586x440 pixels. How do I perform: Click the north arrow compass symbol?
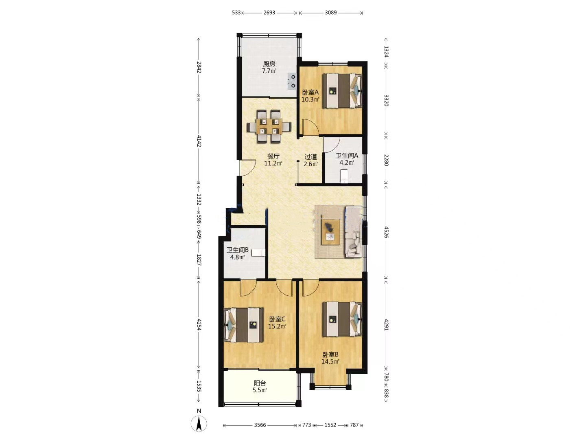click(199, 423)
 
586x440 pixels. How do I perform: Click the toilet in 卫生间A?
click(344, 176)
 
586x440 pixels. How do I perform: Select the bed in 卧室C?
click(244, 325)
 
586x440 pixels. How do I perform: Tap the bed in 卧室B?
click(342, 319)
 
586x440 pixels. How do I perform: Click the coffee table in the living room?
click(331, 231)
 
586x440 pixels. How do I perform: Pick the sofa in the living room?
click(354, 232)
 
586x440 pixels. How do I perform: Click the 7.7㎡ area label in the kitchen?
click(269, 71)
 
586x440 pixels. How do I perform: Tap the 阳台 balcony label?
click(260, 383)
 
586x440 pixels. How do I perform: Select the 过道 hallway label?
click(311, 157)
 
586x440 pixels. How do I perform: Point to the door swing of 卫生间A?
click(331, 144)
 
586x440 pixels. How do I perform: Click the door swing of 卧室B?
click(311, 288)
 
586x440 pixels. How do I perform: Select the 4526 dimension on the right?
click(386, 232)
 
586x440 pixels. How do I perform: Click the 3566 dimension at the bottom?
click(260, 425)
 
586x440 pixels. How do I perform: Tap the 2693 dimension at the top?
click(269, 13)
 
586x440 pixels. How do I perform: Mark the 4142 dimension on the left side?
click(199, 141)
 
